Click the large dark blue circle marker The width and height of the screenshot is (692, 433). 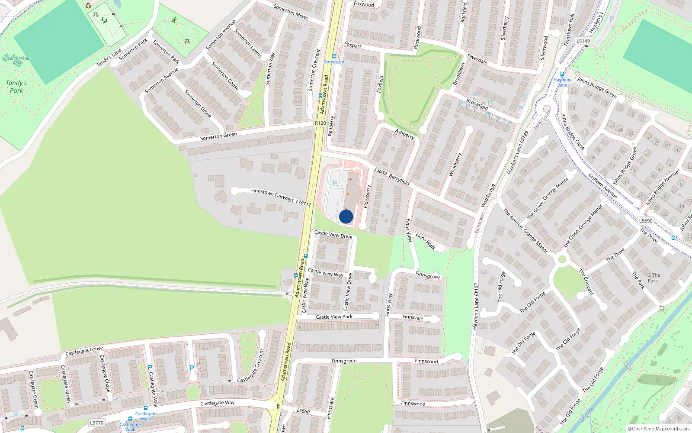coord(346,216)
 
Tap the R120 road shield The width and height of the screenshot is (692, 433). coord(320,123)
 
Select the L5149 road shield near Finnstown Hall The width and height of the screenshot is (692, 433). coord(583,41)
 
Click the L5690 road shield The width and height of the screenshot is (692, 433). coord(646,221)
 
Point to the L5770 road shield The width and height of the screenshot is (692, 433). coord(97,423)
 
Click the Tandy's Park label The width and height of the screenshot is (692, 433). coord(16,87)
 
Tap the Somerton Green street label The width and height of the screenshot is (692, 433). coord(218,136)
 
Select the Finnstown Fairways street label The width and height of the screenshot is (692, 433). coord(272,194)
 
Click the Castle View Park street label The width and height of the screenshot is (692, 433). coord(334,317)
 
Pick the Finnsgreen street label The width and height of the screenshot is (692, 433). coord(344,361)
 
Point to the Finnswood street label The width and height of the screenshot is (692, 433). coord(413,403)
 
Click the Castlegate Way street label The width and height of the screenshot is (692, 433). coord(217,403)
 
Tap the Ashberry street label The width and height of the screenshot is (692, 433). coord(405,134)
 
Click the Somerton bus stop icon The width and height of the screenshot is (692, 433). coord(334,56)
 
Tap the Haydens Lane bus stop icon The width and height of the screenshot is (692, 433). coord(562,74)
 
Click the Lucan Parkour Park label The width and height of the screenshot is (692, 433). coord(17,60)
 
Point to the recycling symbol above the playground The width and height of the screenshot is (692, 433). coord(89,6)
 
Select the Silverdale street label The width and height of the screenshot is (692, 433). coord(477,59)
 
